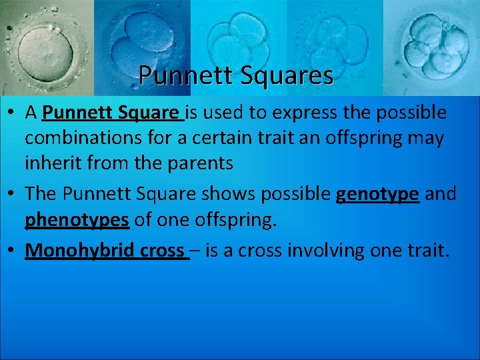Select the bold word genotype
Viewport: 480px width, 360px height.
(378, 194)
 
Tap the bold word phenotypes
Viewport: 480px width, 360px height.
(77, 220)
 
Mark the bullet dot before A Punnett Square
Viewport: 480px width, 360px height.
(13, 113)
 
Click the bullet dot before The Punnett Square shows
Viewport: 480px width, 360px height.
(13, 195)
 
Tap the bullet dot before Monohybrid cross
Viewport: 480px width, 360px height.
(13, 251)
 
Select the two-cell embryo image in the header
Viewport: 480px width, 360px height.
(141, 43)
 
